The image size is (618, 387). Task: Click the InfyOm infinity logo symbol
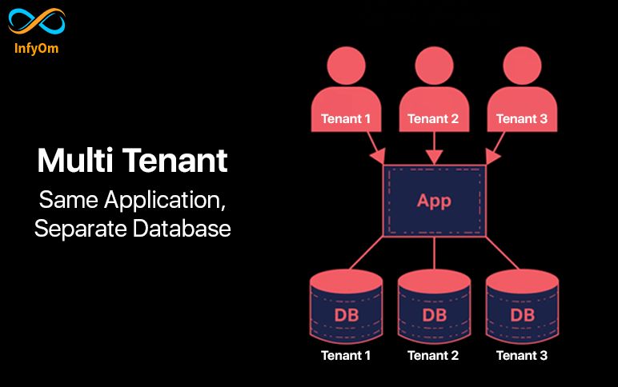(36, 22)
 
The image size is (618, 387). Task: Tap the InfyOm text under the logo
(36, 48)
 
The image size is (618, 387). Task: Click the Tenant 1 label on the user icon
(346, 119)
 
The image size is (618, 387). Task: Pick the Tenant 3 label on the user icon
(522, 119)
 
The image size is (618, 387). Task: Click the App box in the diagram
(434, 200)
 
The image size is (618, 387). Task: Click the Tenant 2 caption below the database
(434, 355)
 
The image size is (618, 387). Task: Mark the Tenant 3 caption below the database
(522, 355)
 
